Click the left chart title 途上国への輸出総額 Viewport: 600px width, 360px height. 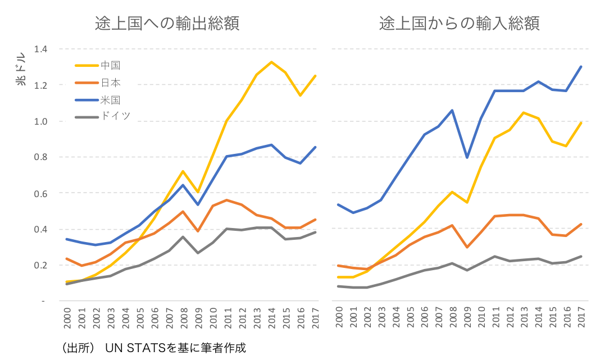(167, 24)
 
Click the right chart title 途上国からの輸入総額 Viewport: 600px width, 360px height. (459, 24)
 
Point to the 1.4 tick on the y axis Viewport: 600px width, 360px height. (40, 49)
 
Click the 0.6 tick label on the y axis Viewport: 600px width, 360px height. (40, 193)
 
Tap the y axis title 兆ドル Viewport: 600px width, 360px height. (21, 69)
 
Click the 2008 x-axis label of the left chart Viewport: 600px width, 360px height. (184, 317)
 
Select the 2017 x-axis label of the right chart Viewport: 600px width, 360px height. (581, 317)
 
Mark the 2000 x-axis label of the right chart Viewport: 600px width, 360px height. (339, 317)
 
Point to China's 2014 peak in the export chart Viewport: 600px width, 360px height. (271, 62)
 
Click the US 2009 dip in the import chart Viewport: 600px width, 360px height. (467, 157)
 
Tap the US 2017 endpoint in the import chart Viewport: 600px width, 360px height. (581, 67)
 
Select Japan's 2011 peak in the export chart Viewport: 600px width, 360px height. (227, 200)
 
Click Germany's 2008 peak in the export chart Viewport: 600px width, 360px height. (183, 237)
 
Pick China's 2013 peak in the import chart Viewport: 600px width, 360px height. (524, 112)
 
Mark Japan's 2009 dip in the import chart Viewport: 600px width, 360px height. (467, 247)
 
